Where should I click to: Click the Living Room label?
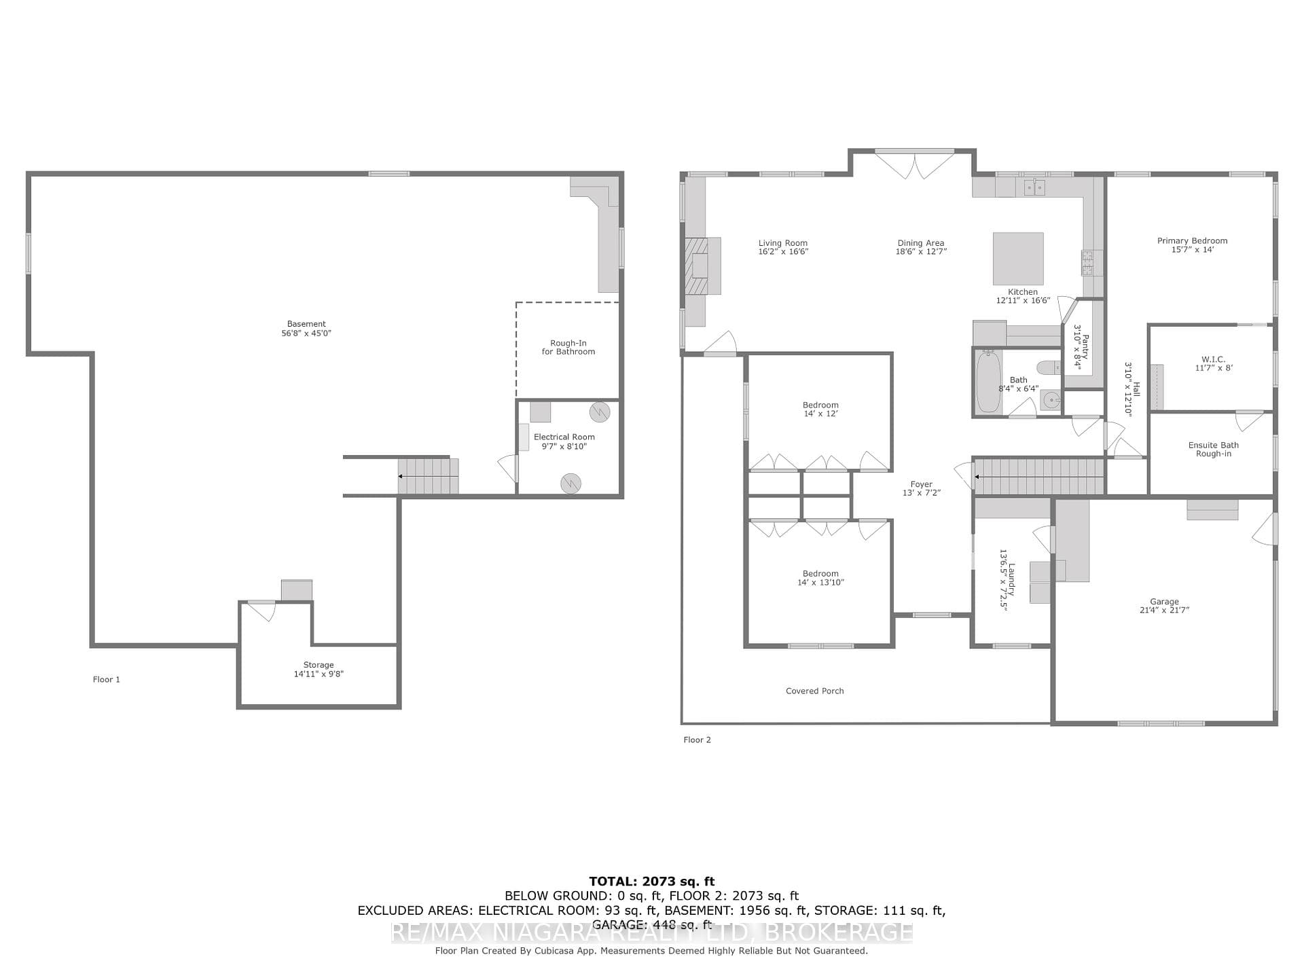[783, 243]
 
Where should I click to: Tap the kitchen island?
[1018, 259]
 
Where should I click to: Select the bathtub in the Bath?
[988, 382]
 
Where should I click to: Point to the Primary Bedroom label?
[1193, 240]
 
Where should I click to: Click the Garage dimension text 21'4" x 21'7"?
[1164, 610]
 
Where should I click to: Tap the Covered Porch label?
[815, 691]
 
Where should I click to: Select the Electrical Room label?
[564, 437]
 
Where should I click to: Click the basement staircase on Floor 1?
[428, 475]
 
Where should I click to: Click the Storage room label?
[319, 665]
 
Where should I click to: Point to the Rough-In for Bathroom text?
[568, 347]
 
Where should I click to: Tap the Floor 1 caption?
[107, 679]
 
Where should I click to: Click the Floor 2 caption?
[698, 740]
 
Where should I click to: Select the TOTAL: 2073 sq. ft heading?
[652, 882]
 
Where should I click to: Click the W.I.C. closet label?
[1214, 359]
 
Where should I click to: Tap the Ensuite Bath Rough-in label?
[1214, 449]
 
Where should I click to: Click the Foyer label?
[922, 484]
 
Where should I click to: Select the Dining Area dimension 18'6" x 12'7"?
[921, 251]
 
